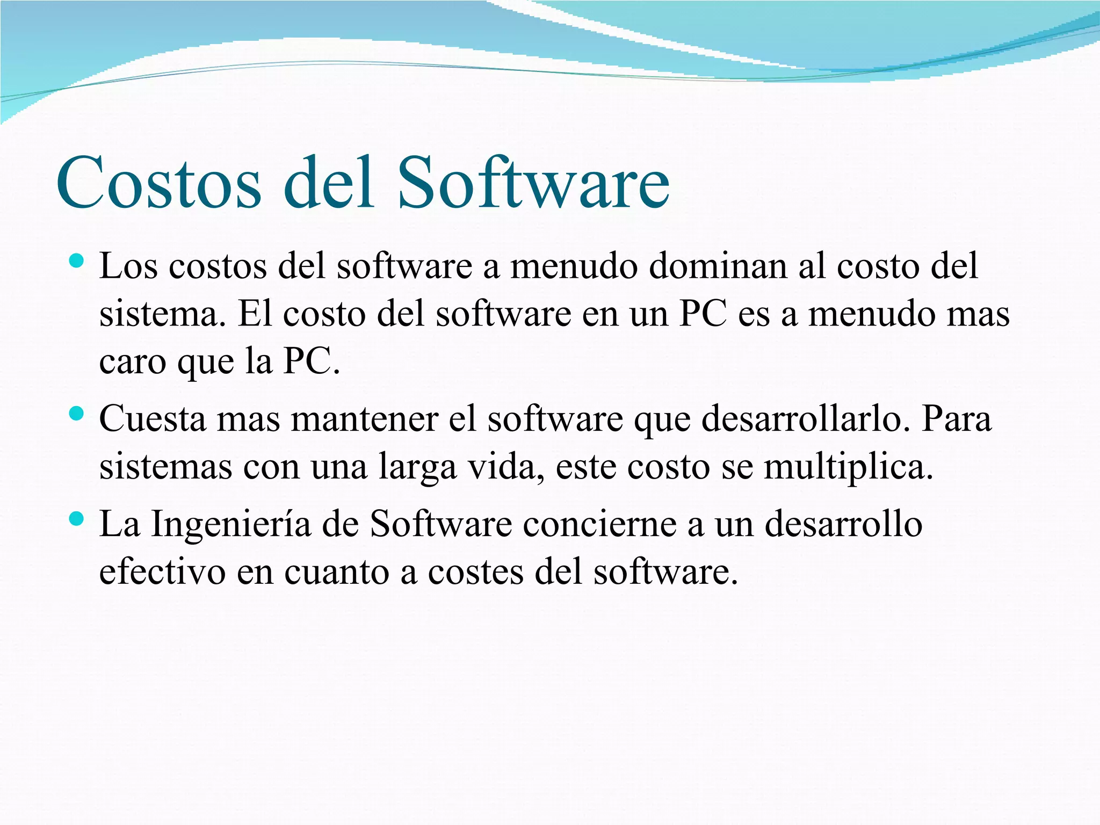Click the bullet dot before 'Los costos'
pyautogui.click(x=77, y=262)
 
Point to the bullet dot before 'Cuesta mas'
pyautogui.click(x=77, y=414)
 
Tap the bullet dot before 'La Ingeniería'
pyautogui.click(x=77, y=518)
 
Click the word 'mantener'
pyautogui.click(x=365, y=419)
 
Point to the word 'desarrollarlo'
pyautogui.click(x=801, y=419)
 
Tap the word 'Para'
pyautogui.click(x=957, y=419)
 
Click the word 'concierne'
pyautogui.click(x=599, y=524)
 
